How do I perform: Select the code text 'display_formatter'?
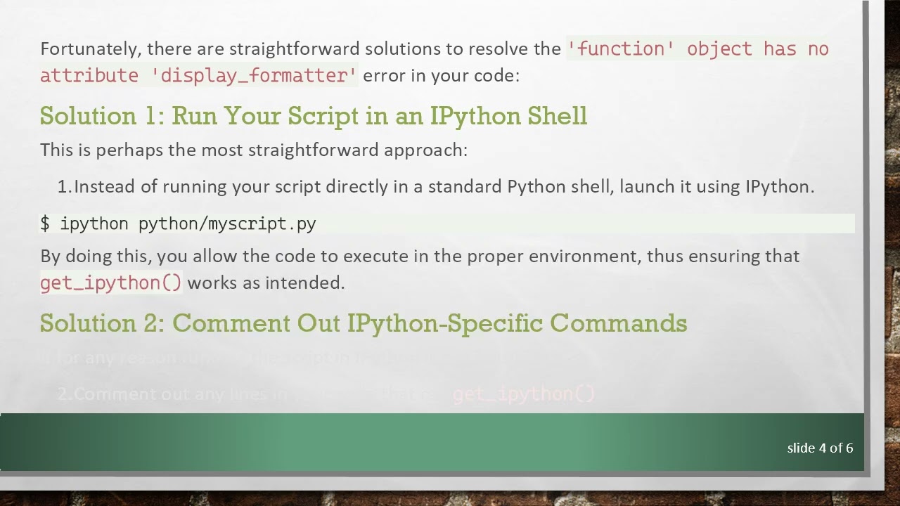point(254,76)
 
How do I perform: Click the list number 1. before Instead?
point(64,187)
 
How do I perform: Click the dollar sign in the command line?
point(45,224)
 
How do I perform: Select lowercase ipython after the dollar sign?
point(94,224)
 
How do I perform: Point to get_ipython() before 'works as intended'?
point(110,283)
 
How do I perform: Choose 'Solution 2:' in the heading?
point(102,323)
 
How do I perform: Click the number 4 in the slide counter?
point(822,448)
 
